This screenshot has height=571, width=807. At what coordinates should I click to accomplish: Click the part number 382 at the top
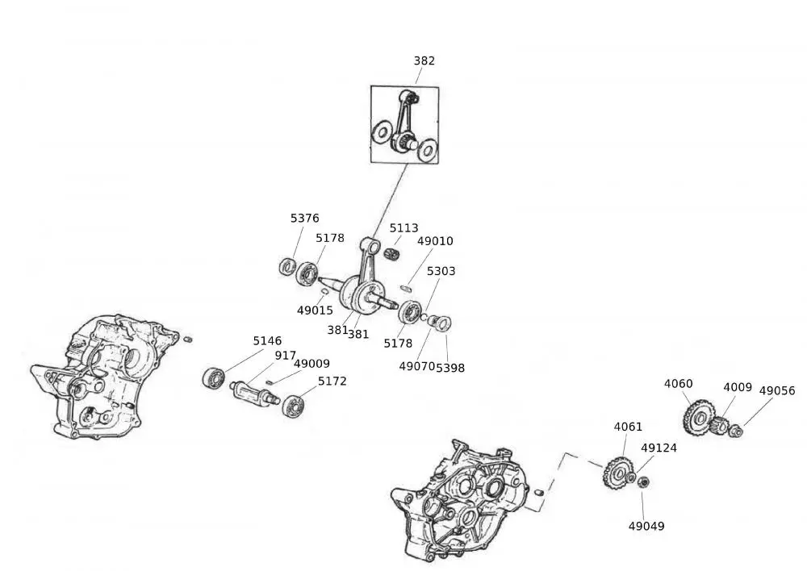pos(424,60)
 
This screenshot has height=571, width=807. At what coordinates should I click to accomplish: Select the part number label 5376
pos(304,218)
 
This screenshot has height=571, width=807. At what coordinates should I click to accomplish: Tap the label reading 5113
pos(403,228)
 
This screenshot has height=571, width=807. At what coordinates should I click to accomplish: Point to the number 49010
pos(435,241)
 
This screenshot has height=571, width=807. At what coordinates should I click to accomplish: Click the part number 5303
pos(441,271)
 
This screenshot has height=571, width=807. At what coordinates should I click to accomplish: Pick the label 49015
pos(315,310)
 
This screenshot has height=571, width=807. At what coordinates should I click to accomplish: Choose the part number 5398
pos(450,367)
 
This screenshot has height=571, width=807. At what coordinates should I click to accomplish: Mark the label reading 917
pos(285,355)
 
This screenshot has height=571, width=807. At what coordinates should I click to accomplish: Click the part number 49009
pos(312,364)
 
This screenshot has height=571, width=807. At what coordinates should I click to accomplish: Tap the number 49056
pos(777,390)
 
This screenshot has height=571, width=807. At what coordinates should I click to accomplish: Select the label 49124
pos(659,448)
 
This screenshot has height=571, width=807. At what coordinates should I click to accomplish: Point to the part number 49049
pos(646,526)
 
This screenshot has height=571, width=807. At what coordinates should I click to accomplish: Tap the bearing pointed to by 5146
pos(214,377)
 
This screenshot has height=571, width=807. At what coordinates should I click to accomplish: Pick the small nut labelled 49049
pos(643,482)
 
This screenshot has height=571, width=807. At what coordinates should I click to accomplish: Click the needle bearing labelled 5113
pos(392,252)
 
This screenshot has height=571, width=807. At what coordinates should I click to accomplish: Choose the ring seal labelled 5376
pos(286,265)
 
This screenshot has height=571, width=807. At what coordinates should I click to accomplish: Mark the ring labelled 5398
pos(444,324)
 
